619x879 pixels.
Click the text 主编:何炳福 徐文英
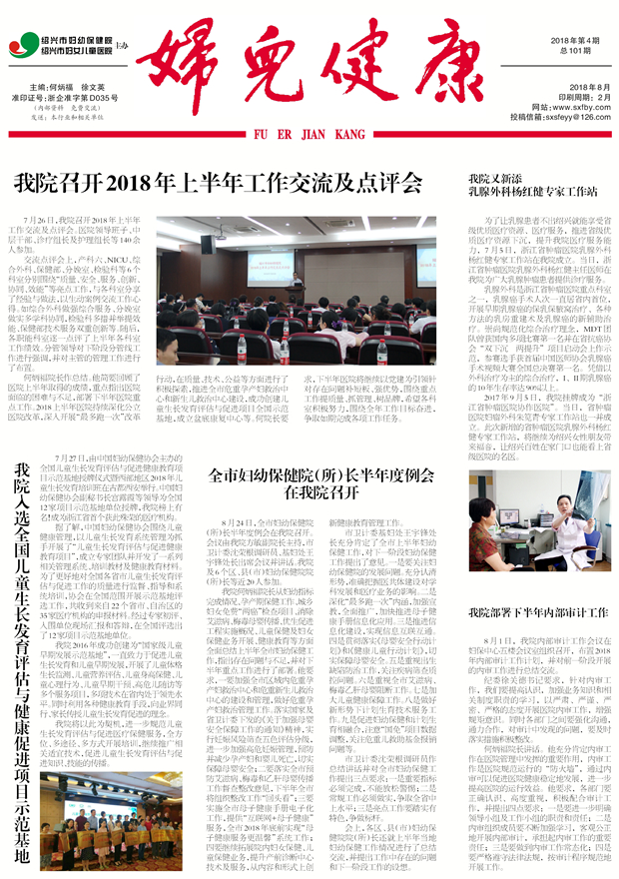pos(69,88)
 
